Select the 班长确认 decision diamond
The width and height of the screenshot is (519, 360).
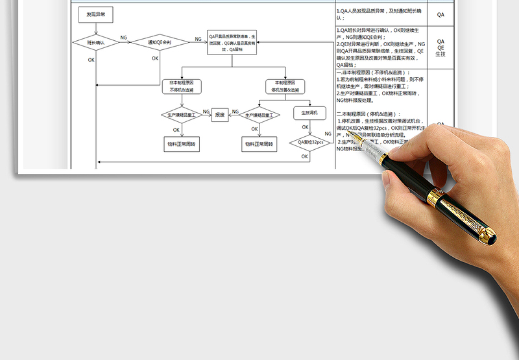click(96, 43)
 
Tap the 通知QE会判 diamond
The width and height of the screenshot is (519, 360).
click(155, 43)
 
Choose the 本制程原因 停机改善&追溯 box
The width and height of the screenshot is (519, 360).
click(285, 87)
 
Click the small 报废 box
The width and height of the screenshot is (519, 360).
click(219, 115)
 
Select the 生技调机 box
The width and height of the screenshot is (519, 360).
click(309, 113)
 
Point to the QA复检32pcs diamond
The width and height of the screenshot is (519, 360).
click(309, 142)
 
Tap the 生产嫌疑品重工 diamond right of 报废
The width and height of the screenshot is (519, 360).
click(259, 115)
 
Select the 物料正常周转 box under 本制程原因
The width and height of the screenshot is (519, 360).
click(259, 143)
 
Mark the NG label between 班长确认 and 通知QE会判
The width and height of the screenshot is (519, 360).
click(123, 38)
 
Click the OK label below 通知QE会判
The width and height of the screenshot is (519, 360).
click(155, 58)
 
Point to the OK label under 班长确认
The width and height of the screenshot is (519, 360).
click(91, 60)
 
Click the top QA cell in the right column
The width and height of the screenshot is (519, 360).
click(441, 14)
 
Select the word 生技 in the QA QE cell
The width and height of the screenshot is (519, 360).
click(441, 54)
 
